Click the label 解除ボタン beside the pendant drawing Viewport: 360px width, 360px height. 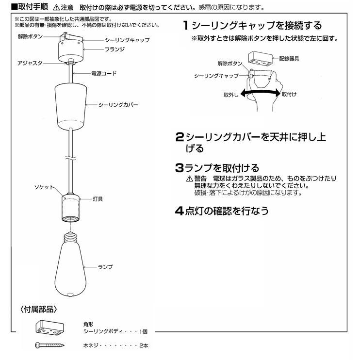[x=30, y=36]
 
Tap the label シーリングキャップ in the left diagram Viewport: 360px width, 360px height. [x=127, y=40]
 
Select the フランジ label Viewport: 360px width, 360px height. [x=115, y=49]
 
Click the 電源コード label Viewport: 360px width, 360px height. [x=104, y=74]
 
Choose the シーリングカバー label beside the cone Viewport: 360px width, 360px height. [x=118, y=105]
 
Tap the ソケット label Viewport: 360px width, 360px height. [x=44, y=187]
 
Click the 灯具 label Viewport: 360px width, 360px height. [x=97, y=199]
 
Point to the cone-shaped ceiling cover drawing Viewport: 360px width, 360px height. [x=72, y=104]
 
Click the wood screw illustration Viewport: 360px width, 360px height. [x=50, y=346]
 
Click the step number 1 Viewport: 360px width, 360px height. [x=186, y=25]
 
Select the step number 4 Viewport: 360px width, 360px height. [x=179, y=211]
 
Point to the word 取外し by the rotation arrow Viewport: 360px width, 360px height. [x=231, y=94]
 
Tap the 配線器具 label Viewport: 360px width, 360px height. [x=289, y=59]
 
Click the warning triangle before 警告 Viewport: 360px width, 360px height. [x=189, y=179]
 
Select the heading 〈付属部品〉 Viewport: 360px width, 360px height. [x=39, y=309]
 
